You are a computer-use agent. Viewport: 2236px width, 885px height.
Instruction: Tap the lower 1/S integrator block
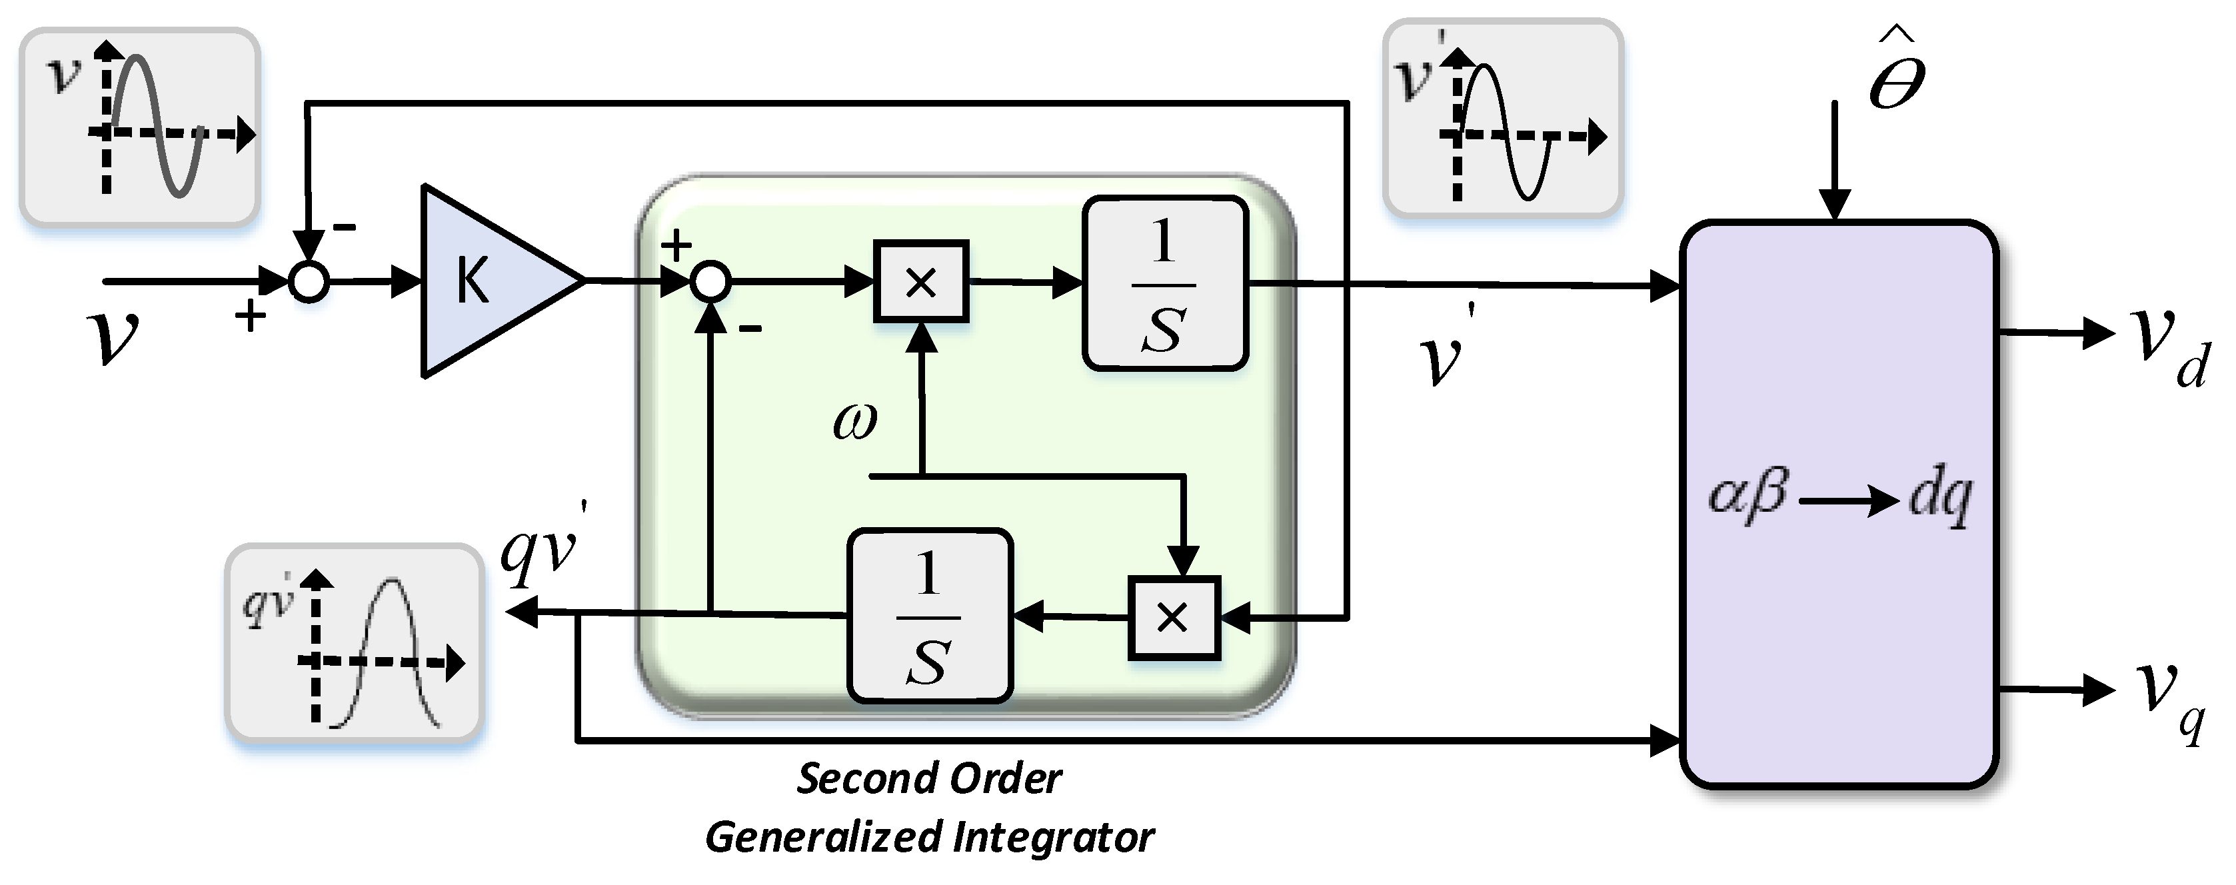click(x=930, y=615)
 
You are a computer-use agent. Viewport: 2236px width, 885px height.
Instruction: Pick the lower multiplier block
click(x=1174, y=618)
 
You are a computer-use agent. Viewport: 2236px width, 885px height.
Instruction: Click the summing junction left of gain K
click(x=309, y=282)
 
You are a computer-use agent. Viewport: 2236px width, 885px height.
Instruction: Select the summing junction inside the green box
click(x=711, y=282)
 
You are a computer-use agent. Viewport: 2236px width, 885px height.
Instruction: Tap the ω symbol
click(x=855, y=421)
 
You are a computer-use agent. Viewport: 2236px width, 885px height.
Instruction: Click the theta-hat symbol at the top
click(x=1897, y=69)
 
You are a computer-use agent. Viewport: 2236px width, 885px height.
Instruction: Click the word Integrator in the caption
click(x=1054, y=837)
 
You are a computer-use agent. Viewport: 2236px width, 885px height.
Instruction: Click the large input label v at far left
click(x=113, y=337)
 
